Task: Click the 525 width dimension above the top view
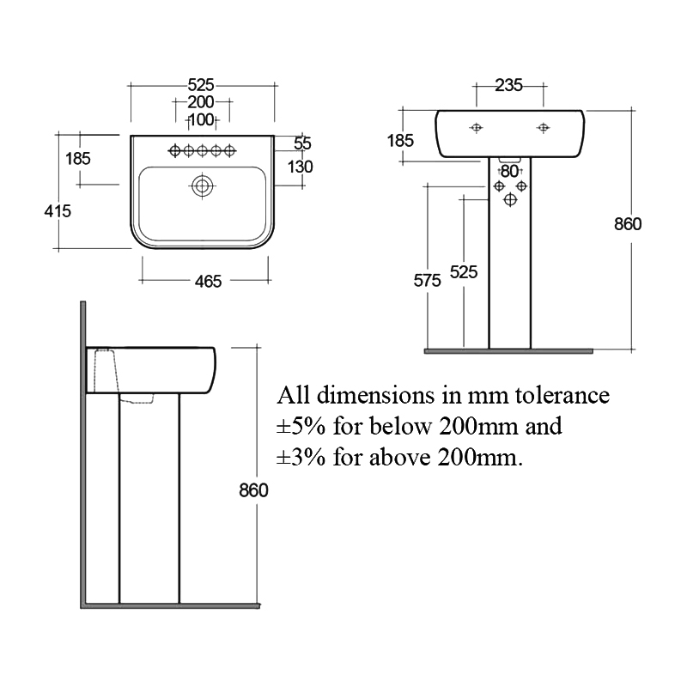point(201,85)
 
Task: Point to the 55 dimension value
point(302,143)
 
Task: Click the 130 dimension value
point(300,167)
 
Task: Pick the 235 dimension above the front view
point(509,85)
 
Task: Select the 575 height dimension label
point(427,279)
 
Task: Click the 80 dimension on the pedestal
point(510,171)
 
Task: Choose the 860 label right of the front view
point(628,224)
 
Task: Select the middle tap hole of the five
point(203,151)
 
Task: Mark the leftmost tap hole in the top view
point(175,151)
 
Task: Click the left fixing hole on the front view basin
point(477,128)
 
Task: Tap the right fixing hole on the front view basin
point(543,128)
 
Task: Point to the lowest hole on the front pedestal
point(510,199)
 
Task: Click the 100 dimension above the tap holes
point(201,119)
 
